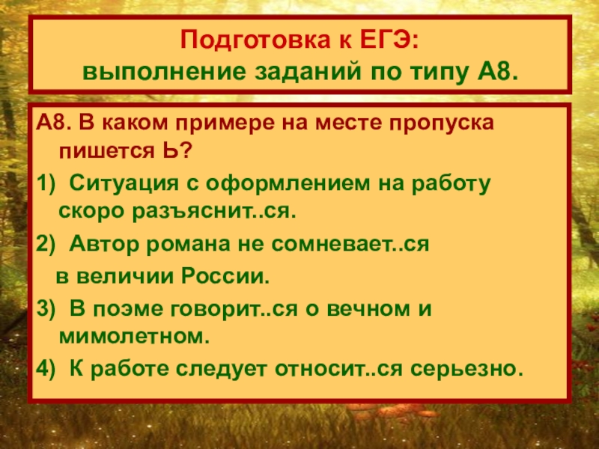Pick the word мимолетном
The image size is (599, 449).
coord(130,337)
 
